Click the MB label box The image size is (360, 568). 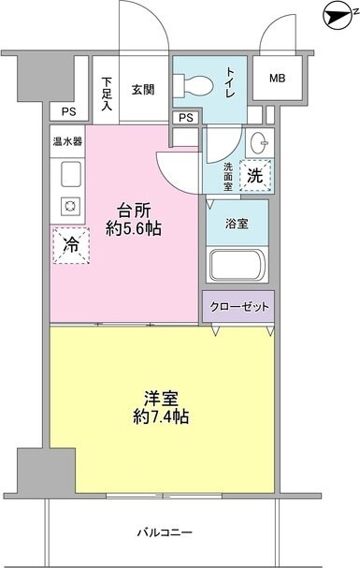(x=278, y=78)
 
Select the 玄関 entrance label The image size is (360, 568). (x=142, y=89)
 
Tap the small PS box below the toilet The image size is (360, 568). (x=185, y=117)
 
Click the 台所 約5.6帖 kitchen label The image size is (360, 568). (x=137, y=219)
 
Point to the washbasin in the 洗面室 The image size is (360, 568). (x=258, y=145)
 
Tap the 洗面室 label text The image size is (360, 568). (x=228, y=173)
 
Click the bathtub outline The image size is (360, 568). (x=238, y=264)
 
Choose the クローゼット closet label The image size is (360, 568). (x=239, y=307)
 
